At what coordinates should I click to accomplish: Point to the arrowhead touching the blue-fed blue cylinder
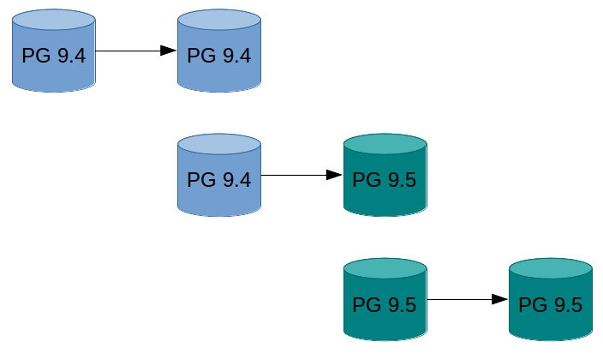point(169,51)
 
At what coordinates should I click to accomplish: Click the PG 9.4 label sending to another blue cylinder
point(53,57)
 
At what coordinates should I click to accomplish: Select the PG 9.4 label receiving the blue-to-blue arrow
point(218,57)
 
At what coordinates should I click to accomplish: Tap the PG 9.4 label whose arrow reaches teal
point(218,182)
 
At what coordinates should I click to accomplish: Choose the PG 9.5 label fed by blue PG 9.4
point(385,182)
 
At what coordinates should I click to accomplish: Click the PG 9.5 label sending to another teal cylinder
point(385,306)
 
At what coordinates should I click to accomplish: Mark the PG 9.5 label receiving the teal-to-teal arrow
point(551,306)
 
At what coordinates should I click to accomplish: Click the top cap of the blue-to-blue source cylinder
point(53,19)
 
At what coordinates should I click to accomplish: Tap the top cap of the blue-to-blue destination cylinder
point(218,19)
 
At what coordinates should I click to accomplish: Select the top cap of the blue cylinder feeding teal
point(218,143)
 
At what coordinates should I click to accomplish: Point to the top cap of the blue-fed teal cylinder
point(385,143)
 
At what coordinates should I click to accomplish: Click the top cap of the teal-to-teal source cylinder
point(385,267)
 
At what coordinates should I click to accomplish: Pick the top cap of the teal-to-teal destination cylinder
point(551,267)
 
